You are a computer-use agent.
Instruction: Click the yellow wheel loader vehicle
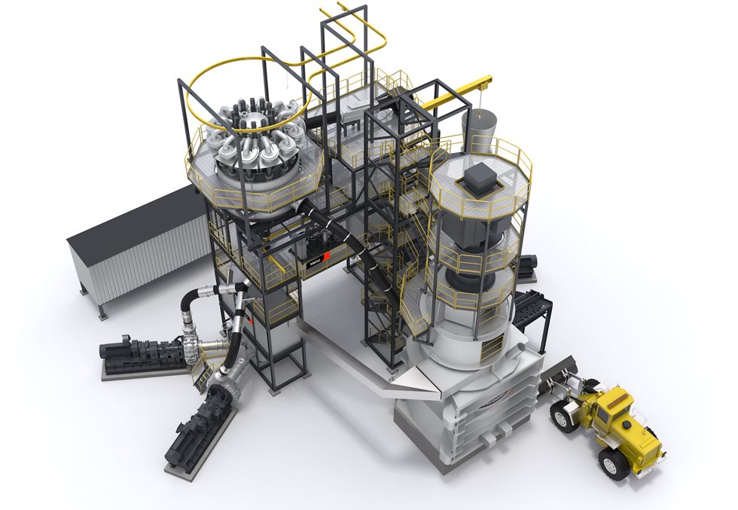[x=610, y=422]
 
